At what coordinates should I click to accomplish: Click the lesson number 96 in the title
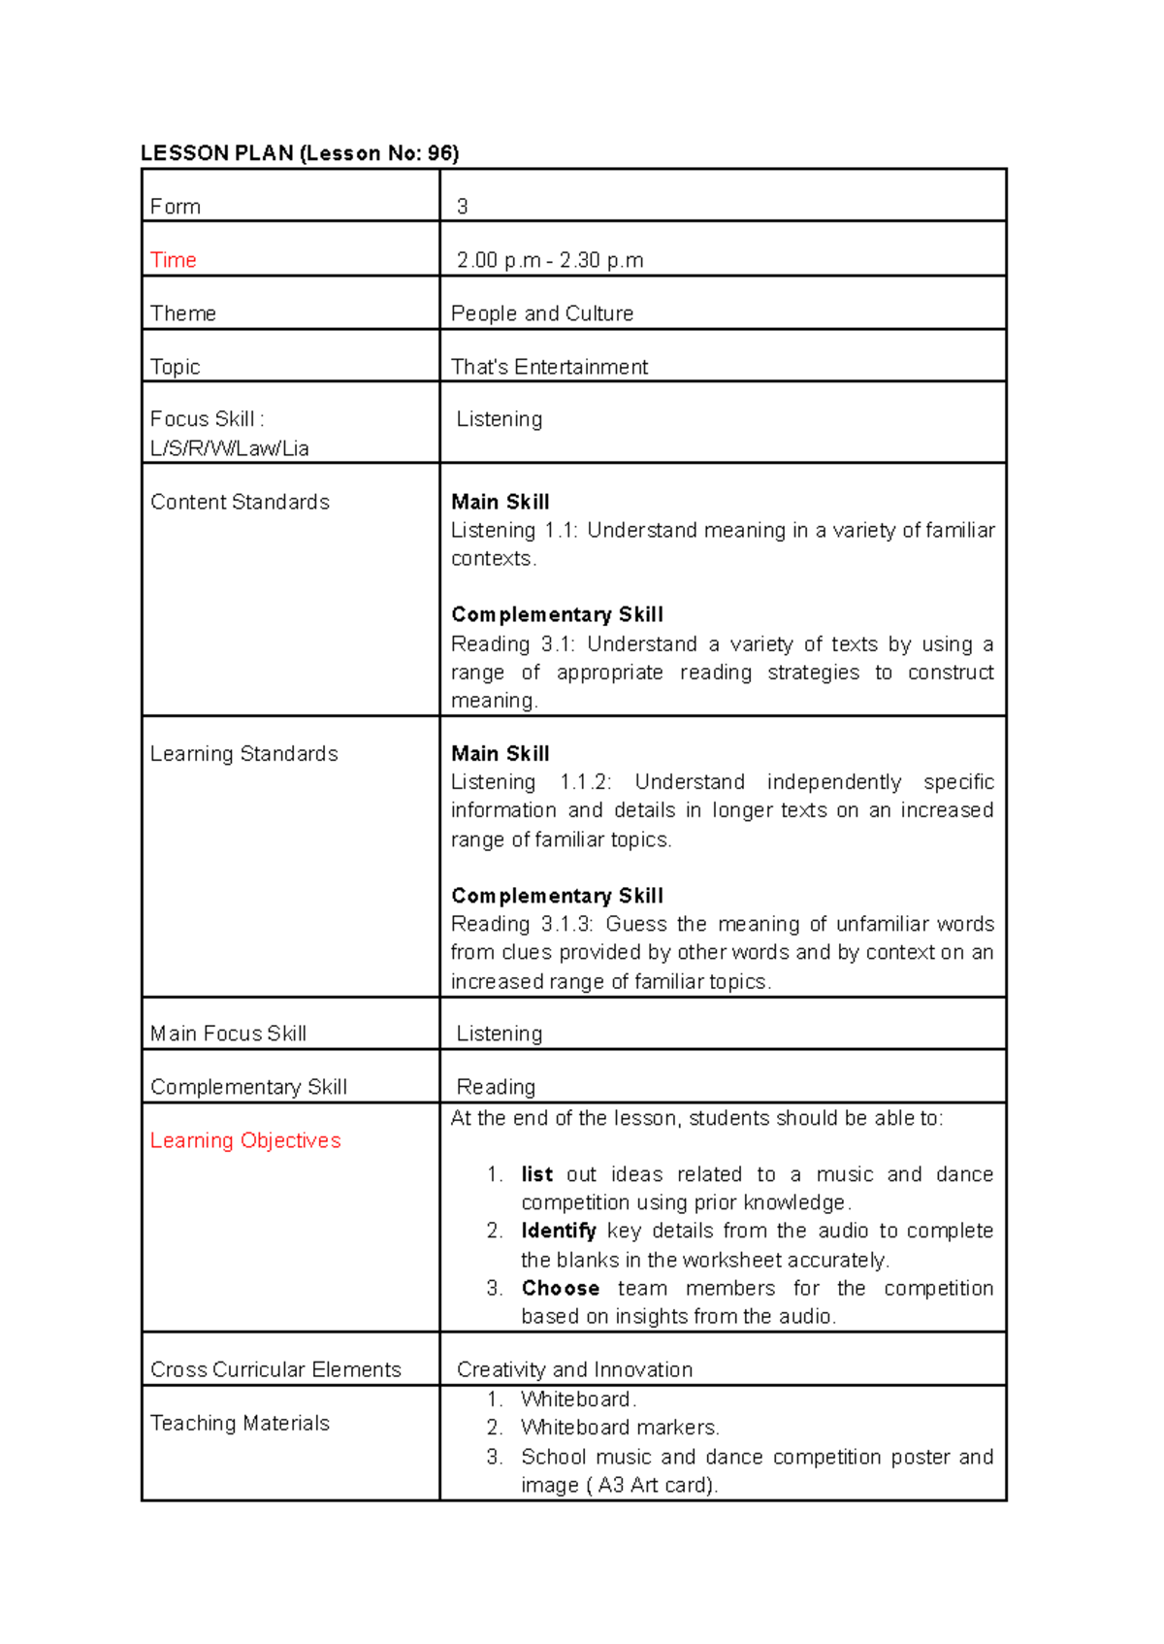click(440, 153)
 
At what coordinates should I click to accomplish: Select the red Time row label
click(174, 260)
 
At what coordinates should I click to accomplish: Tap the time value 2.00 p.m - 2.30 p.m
click(550, 260)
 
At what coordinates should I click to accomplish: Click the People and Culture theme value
click(542, 313)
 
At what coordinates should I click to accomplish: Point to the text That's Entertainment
click(549, 367)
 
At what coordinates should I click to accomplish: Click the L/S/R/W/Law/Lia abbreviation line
click(230, 448)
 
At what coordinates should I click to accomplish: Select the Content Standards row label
click(240, 502)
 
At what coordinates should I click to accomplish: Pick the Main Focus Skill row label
click(228, 1034)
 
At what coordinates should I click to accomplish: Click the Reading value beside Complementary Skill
click(496, 1087)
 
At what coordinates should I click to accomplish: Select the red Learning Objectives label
click(245, 1140)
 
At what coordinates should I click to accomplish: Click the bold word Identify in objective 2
click(558, 1231)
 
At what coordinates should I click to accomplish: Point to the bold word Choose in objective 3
click(560, 1288)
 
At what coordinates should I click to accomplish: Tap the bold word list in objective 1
click(536, 1174)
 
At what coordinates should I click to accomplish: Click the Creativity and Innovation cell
click(574, 1369)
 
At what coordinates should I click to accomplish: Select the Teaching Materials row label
click(240, 1423)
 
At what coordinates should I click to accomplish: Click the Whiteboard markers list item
click(620, 1428)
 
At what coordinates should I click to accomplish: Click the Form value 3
click(463, 207)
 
